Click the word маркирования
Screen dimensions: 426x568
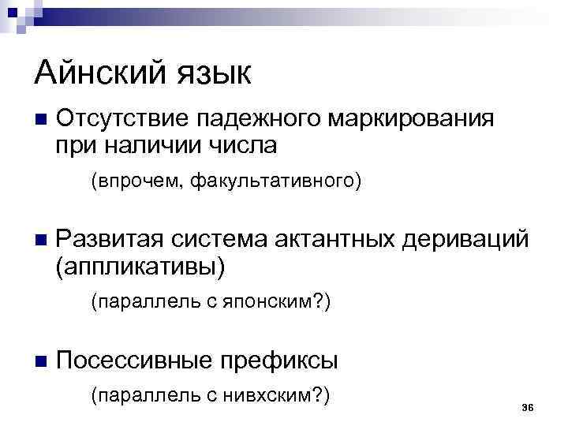click(x=414, y=121)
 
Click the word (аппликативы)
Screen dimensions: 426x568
click(x=140, y=266)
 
